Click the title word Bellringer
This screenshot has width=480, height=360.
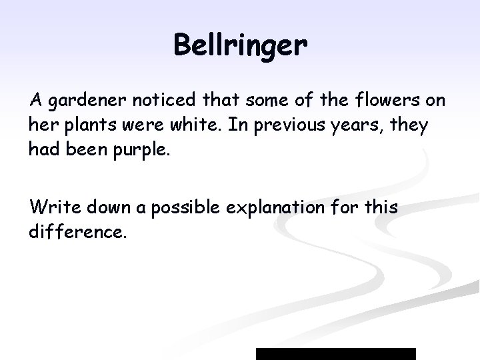(x=240, y=46)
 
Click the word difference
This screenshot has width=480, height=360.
(x=77, y=233)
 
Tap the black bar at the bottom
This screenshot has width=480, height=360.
(x=336, y=353)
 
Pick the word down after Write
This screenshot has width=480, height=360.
(x=104, y=207)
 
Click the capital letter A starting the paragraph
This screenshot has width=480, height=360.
(x=36, y=101)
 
